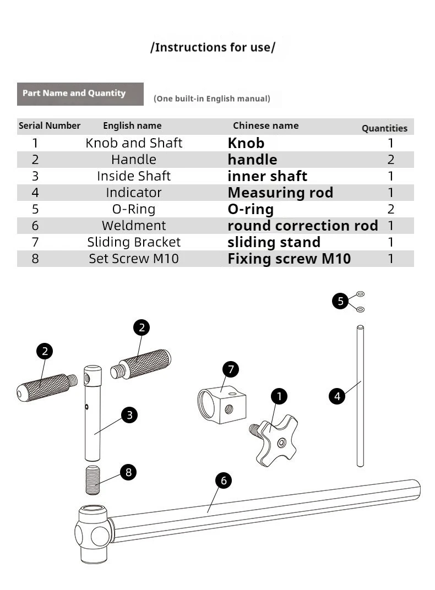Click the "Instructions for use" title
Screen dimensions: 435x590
click(x=213, y=47)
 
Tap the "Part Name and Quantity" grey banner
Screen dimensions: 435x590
click(x=80, y=94)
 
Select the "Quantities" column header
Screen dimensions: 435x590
click(x=384, y=128)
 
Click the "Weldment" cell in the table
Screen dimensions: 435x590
click(x=134, y=226)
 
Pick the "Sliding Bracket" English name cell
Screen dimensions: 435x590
click(x=134, y=242)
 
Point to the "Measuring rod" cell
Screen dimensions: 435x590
click(x=280, y=193)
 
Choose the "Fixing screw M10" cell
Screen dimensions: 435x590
click(x=289, y=259)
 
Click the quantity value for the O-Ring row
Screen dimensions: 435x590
click(x=391, y=209)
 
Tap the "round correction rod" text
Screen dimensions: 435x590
click(x=302, y=226)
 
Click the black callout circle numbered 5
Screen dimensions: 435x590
click(x=340, y=301)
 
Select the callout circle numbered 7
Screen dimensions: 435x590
click(x=231, y=369)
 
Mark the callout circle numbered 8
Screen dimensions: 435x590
click(x=128, y=472)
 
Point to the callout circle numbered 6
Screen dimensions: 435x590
click(x=224, y=480)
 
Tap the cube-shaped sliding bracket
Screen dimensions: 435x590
click(x=222, y=406)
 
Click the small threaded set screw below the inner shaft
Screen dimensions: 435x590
click(x=93, y=480)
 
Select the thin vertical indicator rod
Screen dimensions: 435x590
click(x=360, y=396)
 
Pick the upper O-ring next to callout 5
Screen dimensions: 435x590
click(x=360, y=293)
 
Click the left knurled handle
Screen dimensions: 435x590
click(x=47, y=387)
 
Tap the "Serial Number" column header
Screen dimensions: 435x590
click(x=50, y=125)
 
